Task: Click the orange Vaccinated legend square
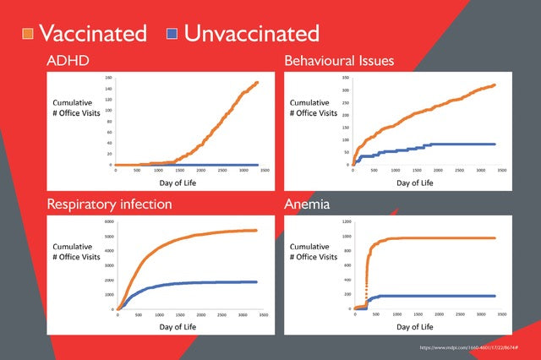tap(28, 35)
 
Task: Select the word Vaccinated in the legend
tap(94, 34)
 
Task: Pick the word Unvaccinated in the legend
tap(252, 34)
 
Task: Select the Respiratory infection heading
tap(111, 204)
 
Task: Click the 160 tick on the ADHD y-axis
tap(109, 78)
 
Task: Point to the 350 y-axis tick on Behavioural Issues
tap(344, 79)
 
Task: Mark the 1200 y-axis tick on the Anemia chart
tap(344, 222)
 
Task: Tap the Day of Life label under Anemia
tap(416, 325)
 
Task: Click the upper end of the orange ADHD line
tap(256, 83)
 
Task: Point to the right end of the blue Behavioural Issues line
tap(493, 145)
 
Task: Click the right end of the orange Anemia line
tap(493, 238)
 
